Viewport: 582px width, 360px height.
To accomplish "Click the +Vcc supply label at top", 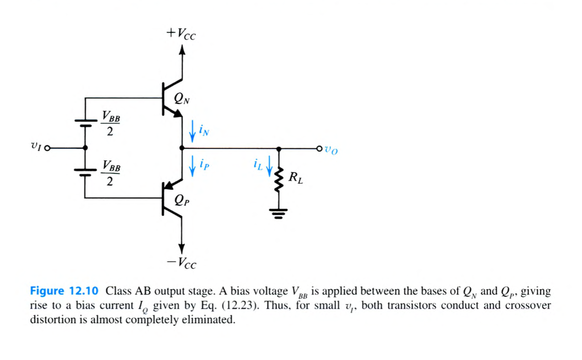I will click(x=181, y=33).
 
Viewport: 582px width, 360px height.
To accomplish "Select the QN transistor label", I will click(x=181, y=98).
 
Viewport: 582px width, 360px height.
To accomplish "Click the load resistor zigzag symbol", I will click(x=279, y=180).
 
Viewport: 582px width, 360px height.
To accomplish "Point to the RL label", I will click(x=296, y=178).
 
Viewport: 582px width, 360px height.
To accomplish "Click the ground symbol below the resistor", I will click(x=279, y=214).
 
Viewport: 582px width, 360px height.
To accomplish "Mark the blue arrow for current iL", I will click(x=269, y=166).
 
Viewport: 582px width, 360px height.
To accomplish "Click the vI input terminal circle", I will click(x=47, y=148).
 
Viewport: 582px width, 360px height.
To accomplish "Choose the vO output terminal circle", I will click(x=319, y=149).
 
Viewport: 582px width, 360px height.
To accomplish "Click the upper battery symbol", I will click(x=85, y=123).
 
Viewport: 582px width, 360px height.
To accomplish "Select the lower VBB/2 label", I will click(x=110, y=173).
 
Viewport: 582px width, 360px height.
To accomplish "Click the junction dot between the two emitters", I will click(x=182, y=148).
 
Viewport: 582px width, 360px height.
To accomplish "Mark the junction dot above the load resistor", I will click(x=279, y=149).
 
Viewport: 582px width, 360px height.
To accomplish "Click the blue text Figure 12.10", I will click(x=64, y=291).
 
